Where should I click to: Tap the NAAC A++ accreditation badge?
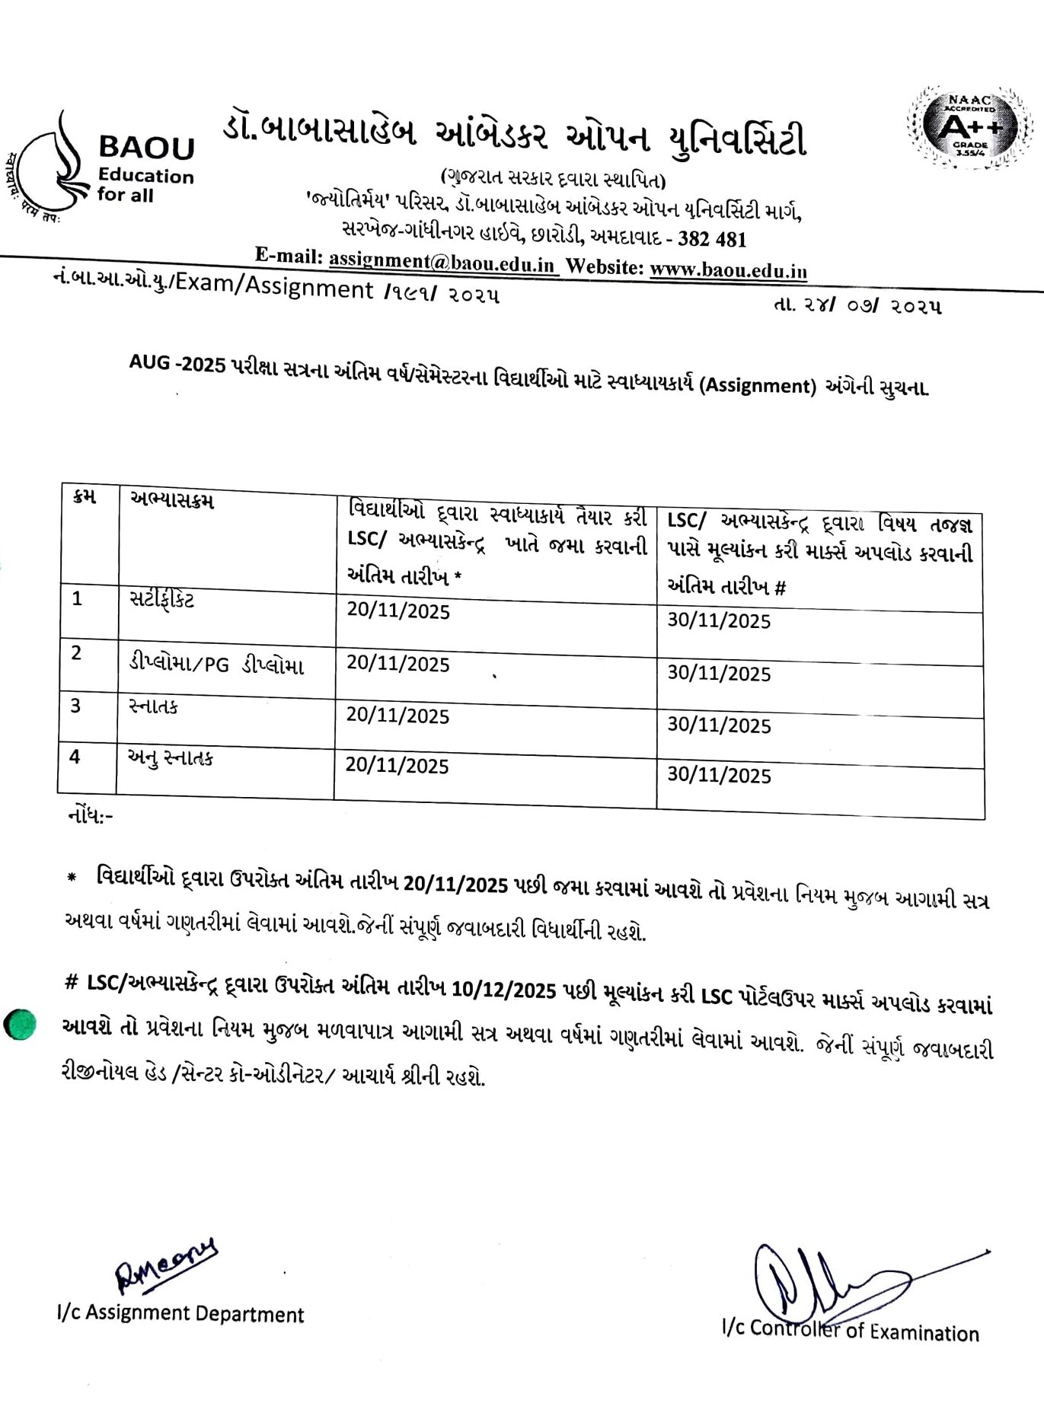[969, 126]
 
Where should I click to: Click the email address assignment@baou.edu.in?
[442, 261]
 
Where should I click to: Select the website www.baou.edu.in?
[728, 269]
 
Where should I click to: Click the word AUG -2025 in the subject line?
[177, 364]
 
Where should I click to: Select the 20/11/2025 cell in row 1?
[398, 611]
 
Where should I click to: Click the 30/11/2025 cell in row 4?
[719, 776]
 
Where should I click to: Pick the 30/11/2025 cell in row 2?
[719, 674]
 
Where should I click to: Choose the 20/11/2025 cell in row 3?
[397, 716]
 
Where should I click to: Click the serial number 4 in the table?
[75, 757]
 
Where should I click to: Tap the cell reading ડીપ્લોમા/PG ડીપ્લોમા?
[216, 665]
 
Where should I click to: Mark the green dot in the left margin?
[20, 1024]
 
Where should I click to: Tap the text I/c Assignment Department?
[180, 1313]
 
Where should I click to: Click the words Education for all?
[145, 185]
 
